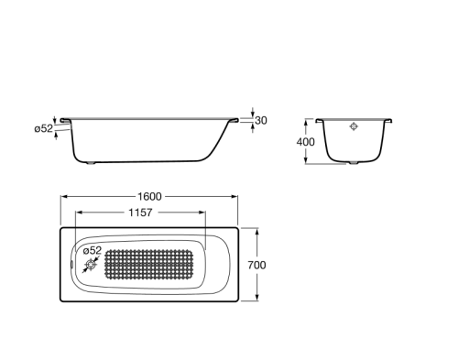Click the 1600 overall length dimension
(150, 197)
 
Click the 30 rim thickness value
(262, 121)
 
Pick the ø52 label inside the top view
(91, 250)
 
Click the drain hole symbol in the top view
(89, 267)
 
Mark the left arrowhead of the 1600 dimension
(64, 197)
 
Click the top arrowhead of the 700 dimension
(256, 230)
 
